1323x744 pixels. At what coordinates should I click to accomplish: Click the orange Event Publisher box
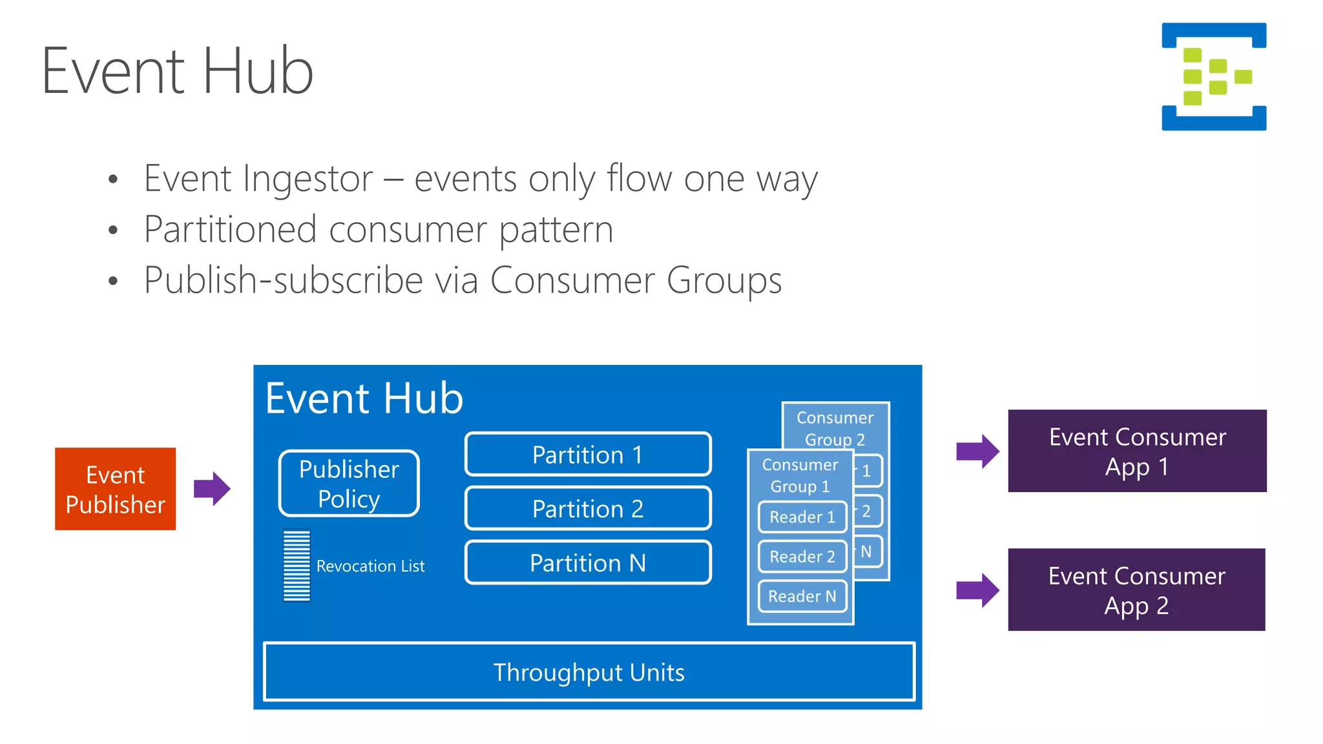(x=115, y=489)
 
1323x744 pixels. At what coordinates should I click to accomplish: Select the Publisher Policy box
(x=349, y=484)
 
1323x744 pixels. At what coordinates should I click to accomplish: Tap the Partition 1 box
(x=587, y=455)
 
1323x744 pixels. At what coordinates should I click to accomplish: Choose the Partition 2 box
(x=587, y=509)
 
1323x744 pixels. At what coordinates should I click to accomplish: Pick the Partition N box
(x=587, y=563)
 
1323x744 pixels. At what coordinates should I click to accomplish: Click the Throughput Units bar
(x=589, y=672)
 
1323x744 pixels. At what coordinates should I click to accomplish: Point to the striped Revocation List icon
(x=297, y=566)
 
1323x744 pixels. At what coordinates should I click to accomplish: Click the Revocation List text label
(x=370, y=566)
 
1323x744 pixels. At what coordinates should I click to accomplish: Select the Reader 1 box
(x=802, y=517)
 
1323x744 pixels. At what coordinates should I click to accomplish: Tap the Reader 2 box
(x=802, y=557)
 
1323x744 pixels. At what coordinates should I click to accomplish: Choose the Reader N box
(x=802, y=596)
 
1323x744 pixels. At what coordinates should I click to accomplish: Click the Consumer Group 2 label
(x=835, y=428)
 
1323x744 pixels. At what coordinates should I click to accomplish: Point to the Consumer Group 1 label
(x=800, y=475)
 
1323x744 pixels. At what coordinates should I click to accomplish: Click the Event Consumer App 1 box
(x=1137, y=451)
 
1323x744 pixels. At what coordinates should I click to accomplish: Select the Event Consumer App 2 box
(x=1136, y=590)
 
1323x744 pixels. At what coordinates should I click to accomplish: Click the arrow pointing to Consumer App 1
(x=977, y=451)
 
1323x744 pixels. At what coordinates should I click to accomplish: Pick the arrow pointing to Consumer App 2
(x=977, y=590)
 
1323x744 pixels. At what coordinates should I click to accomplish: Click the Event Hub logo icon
(x=1213, y=76)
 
